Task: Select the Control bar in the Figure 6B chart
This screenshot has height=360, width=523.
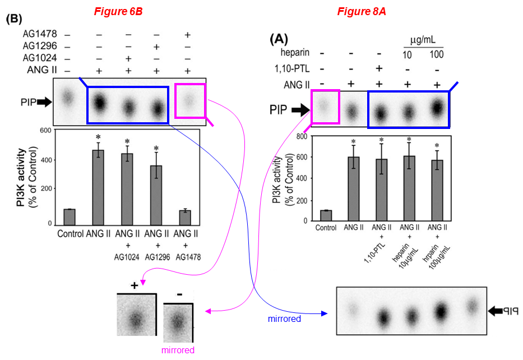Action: (x=70, y=216)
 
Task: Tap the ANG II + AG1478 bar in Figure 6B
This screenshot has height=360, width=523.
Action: (x=185, y=217)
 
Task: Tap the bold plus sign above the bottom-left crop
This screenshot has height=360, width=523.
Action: (x=135, y=285)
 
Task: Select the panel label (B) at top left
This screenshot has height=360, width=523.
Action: (x=14, y=18)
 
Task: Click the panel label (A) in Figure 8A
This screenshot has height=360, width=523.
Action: (x=279, y=39)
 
